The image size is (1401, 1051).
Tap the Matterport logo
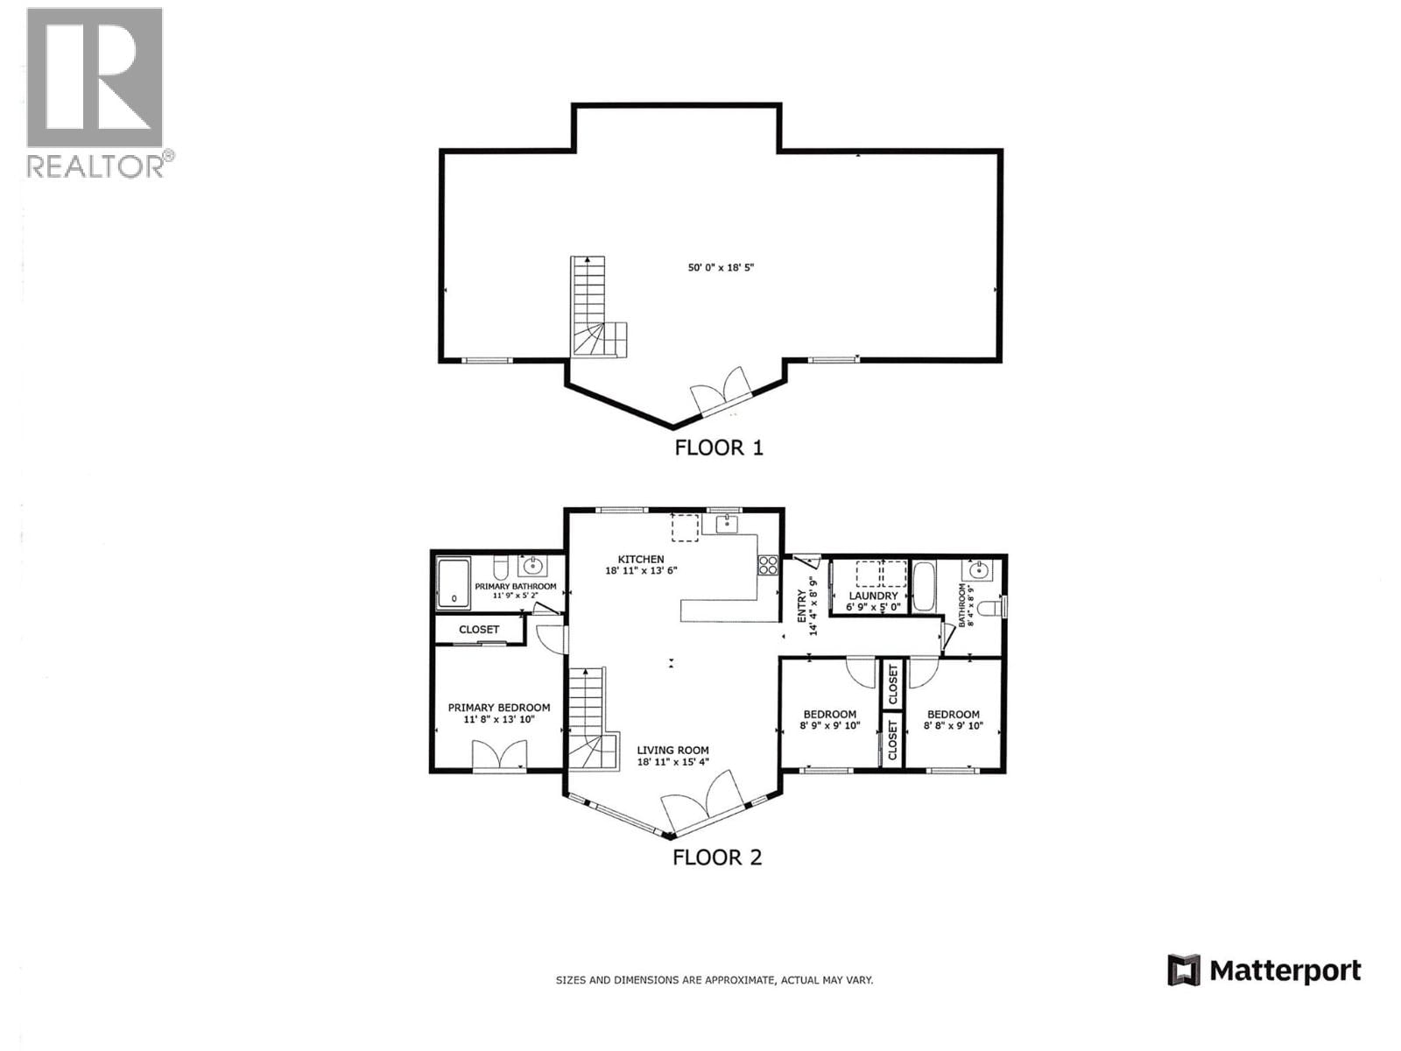[x=1264, y=970]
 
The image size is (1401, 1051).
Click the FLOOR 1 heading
[x=718, y=448]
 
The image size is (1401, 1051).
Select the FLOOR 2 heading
[x=717, y=857]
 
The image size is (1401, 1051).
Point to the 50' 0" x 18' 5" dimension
[x=721, y=268]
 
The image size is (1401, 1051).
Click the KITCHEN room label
[x=641, y=560]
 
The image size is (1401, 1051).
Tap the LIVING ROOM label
[x=672, y=751]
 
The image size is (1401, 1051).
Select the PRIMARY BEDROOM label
[x=499, y=708]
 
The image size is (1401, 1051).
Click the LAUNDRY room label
[x=873, y=596]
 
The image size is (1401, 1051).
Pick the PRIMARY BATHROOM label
[x=515, y=587]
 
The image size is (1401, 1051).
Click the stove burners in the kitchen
[x=768, y=565]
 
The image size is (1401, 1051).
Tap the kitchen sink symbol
[x=727, y=525]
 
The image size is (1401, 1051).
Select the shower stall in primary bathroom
[x=453, y=583]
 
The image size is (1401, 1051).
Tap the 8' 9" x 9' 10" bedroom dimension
[x=830, y=726]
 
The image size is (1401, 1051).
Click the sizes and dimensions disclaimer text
[x=714, y=980]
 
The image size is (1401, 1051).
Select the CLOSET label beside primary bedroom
[x=479, y=630]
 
